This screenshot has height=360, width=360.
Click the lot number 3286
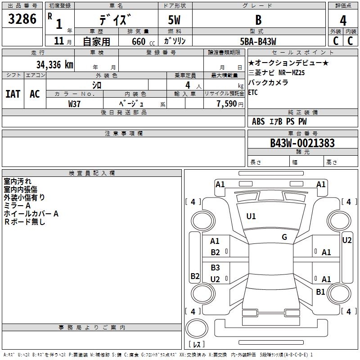click(x=22, y=19)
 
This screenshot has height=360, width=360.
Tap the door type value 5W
click(x=175, y=20)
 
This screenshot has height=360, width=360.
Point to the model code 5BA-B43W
click(x=258, y=41)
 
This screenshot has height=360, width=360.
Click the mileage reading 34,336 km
click(x=54, y=64)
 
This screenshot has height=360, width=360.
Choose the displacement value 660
click(x=139, y=41)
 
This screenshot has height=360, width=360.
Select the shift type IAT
click(x=13, y=94)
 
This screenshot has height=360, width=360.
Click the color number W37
click(x=75, y=103)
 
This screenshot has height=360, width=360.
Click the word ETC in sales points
click(x=253, y=93)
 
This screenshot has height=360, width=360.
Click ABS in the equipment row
click(x=258, y=121)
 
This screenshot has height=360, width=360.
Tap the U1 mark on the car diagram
click(x=251, y=216)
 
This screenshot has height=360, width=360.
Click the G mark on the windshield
click(x=284, y=237)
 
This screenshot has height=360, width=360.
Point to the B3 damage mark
click(x=216, y=267)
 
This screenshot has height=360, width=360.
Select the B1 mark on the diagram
click(x=320, y=292)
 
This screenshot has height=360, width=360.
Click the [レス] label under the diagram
click(x=196, y=344)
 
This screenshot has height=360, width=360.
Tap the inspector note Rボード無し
click(x=25, y=222)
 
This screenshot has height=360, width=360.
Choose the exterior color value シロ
click(x=97, y=85)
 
